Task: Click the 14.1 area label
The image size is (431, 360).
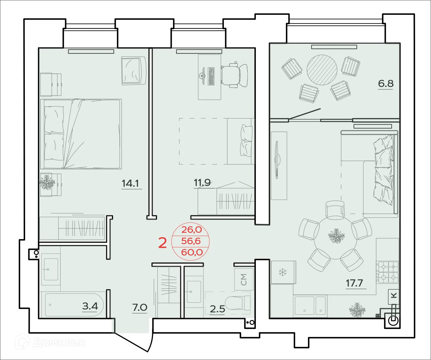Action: [130, 183]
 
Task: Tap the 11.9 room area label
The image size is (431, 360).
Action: [202, 183]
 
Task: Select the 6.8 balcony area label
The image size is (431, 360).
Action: [385, 83]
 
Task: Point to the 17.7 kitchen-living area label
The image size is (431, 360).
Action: [354, 283]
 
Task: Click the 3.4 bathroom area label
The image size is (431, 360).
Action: [90, 306]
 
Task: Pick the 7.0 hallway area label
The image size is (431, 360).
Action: [140, 308]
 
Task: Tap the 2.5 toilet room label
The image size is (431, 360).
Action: [217, 309]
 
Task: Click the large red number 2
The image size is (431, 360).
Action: [162, 243]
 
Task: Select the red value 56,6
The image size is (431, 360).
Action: [191, 241]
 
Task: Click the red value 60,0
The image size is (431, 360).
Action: [192, 252]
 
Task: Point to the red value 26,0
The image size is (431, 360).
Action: [192, 230]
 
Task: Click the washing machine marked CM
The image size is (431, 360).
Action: [244, 279]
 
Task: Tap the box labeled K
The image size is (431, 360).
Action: [393, 295]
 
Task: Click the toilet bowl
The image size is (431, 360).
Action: [237, 303]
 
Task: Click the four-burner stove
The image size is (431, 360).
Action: [388, 272]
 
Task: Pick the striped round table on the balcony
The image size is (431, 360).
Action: [322, 70]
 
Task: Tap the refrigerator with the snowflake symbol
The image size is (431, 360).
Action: [283, 272]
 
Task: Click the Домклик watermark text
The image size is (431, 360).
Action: [59, 343]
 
